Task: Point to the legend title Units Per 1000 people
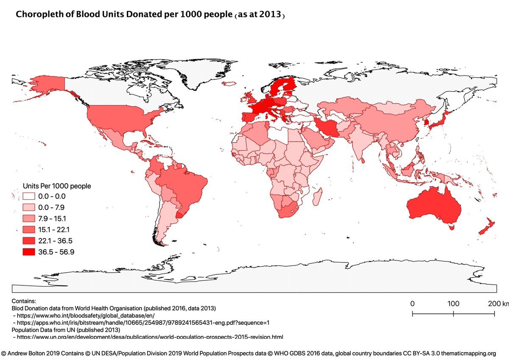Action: coord(57,186)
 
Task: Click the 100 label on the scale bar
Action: coord(453,304)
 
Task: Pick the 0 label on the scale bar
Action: coord(412,304)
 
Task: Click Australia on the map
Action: coord(433,206)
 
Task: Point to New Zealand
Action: coord(485,227)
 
